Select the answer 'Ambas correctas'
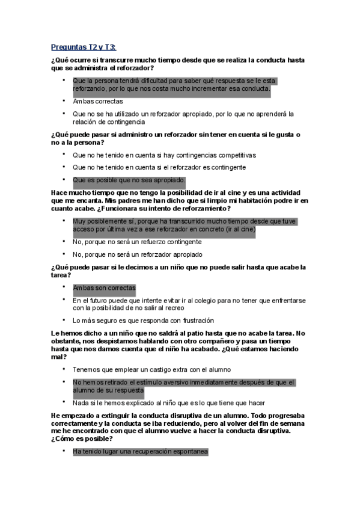(x=98, y=101)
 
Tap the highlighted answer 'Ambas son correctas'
(x=104, y=287)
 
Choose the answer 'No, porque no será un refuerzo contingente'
(x=137, y=242)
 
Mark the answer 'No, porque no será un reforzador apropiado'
(x=137, y=254)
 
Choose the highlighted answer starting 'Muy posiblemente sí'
(x=185, y=225)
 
